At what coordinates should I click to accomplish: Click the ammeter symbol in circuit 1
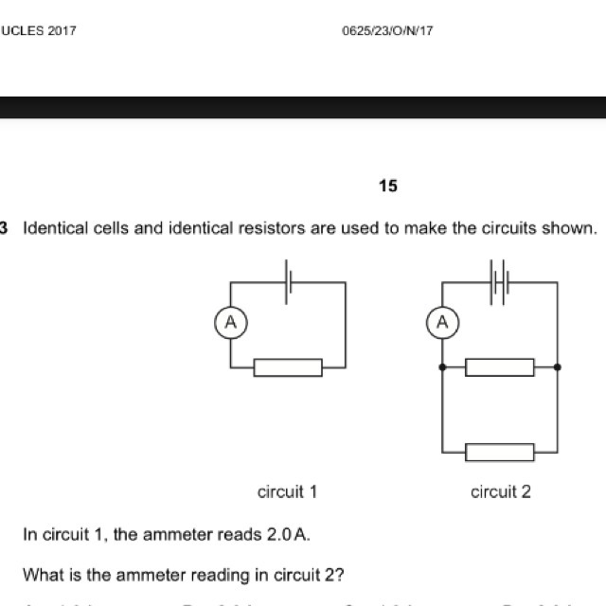click(x=230, y=324)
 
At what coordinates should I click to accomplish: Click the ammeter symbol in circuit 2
click(x=442, y=324)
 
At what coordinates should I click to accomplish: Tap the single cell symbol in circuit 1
click(x=288, y=281)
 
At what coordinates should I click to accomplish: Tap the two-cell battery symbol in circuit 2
click(x=500, y=281)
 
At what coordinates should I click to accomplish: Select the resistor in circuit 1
click(x=288, y=367)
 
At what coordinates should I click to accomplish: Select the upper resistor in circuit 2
click(x=500, y=367)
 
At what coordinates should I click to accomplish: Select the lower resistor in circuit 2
click(x=500, y=452)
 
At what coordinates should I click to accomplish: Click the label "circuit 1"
click(x=287, y=491)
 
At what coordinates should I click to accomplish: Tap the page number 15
click(x=387, y=187)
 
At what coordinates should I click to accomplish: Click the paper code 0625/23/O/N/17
click(x=387, y=30)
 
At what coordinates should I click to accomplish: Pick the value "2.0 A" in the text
click(x=288, y=535)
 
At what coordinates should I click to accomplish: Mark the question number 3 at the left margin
click(x=5, y=229)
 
